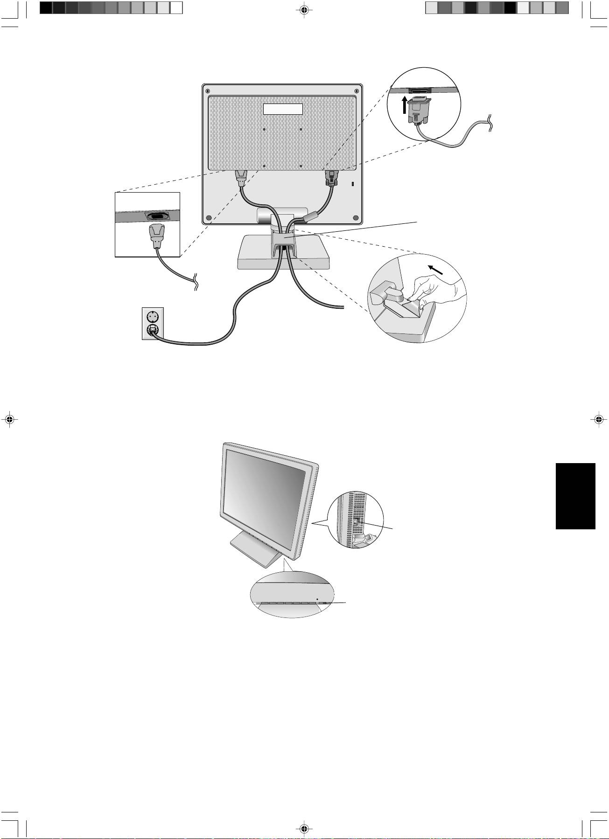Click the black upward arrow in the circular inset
pyautogui.click(x=405, y=106)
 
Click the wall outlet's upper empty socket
pyautogui.click(x=153, y=316)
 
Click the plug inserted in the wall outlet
pyautogui.click(x=153, y=330)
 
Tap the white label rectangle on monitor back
pyautogui.click(x=283, y=109)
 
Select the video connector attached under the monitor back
pyautogui.click(x=331, y=178)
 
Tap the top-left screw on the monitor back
pyautogui.click(x=208, y=90)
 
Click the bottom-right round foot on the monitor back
pyautogui.click(x=356, y=217)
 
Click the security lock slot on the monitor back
pyautogui.click(x=352, y=184)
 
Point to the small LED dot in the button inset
pyautogui.click(x=317, y=598)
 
